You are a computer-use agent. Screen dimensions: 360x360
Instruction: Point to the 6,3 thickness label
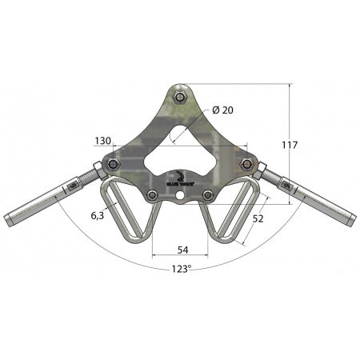[x=97, y=215]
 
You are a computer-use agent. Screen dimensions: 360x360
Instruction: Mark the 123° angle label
[x=181, y=270]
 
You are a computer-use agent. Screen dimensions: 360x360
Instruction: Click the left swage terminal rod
[x=40, y=200]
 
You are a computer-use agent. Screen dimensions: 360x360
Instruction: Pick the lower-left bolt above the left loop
[x=151, y=194]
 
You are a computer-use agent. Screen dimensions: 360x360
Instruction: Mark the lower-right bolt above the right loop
[x=209, y=194]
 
